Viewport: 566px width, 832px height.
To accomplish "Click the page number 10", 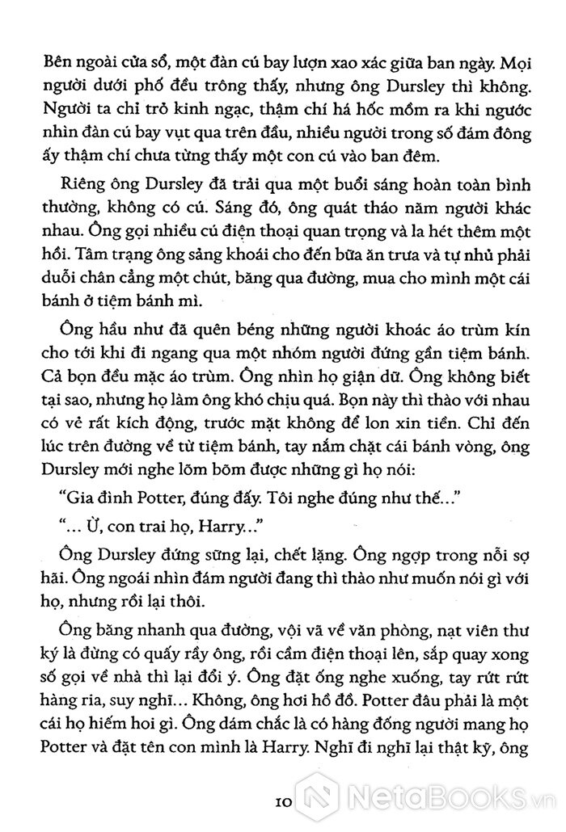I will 283,804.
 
